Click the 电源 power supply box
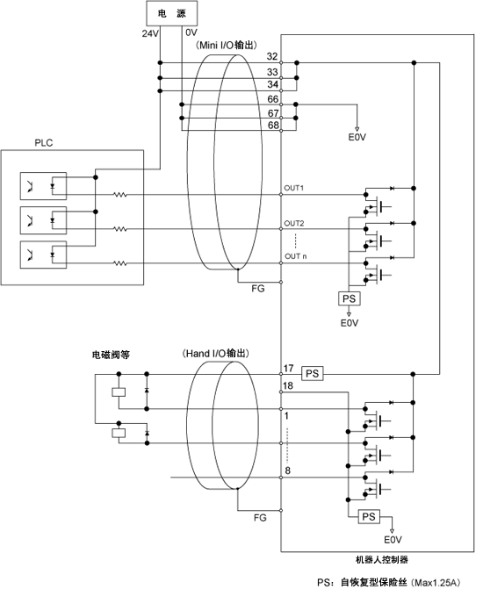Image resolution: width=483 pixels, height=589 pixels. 171,13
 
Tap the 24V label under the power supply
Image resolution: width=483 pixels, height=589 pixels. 150,34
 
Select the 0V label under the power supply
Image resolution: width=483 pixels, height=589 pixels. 191,32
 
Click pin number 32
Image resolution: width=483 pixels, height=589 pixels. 272,56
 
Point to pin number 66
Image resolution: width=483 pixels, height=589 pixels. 273,99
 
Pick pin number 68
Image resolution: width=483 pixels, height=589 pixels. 273,126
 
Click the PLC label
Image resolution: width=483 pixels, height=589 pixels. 44,143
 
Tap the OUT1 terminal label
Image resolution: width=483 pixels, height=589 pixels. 293,188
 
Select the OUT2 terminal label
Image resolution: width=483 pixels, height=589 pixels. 294,224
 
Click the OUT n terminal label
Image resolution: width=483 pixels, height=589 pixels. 295,256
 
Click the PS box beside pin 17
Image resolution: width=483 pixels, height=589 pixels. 313,374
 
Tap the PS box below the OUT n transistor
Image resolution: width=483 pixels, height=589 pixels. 350,298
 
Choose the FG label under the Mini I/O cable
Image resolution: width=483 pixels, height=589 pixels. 258,289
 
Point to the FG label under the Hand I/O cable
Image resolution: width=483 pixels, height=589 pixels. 260,518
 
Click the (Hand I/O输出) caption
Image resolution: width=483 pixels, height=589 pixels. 215,354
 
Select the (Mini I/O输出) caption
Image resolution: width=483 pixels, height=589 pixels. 227,45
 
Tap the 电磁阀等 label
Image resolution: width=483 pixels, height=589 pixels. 111,355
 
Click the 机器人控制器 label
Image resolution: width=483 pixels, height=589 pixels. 382,560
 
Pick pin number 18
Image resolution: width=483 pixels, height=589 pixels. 288,385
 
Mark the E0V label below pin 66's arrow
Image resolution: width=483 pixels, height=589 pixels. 357,138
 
